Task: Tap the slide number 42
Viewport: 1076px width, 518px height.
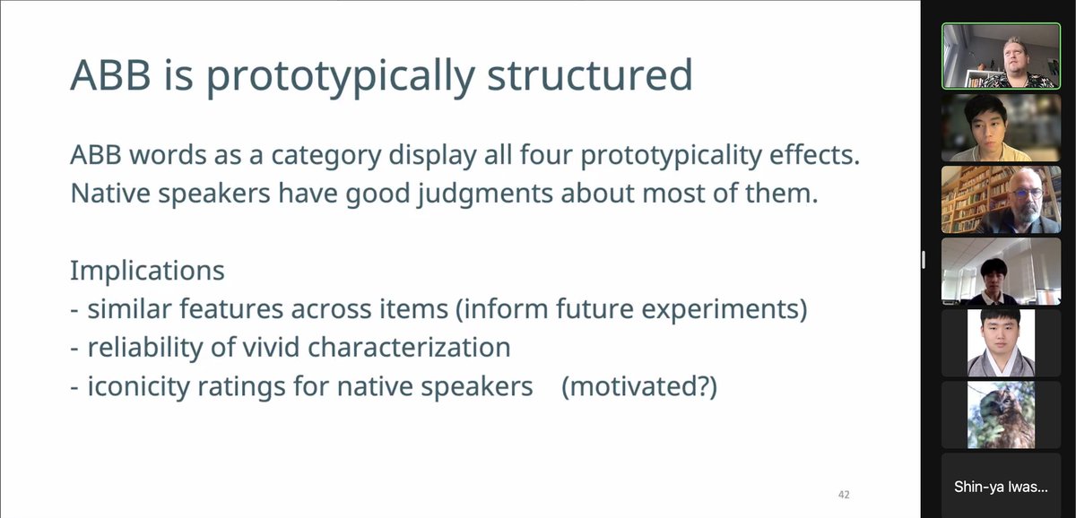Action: [x=844, y=495]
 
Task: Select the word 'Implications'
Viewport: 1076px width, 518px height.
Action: [x=147, y=270]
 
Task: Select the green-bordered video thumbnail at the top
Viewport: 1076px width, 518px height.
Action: [x=987, y=56]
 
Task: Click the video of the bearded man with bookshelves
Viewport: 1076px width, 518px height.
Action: [x=987, y=199]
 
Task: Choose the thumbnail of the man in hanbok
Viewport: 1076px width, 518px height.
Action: [x=1001, y=342]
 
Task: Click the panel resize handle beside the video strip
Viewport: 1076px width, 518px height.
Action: [x=924, y=259]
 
